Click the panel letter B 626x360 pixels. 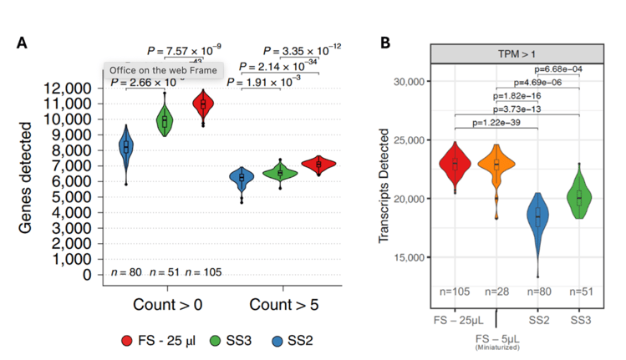click(x=386, y=43)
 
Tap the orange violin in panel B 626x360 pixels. click(x=496, y=167)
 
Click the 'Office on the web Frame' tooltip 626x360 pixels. click(x=163, y=70)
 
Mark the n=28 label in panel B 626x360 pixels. click(x=496, y=291)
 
